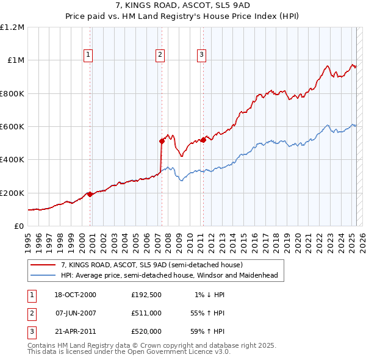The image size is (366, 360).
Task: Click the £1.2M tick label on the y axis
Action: (12, 27)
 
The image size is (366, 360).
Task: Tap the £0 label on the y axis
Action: (20, 226)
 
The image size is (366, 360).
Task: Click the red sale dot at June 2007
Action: (162, 142)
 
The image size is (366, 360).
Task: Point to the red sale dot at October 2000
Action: (90, 194)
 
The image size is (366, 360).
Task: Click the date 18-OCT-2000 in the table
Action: (75, 295)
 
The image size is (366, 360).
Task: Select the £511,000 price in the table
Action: (146, 313)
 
